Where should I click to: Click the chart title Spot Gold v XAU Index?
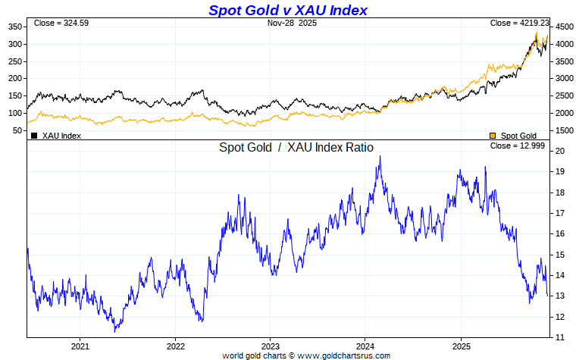[287, 10]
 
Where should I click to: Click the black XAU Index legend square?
[33, 136]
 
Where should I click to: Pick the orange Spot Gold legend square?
[493, 136]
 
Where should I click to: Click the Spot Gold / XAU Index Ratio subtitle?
[296, 148]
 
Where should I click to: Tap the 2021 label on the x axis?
[80, 346]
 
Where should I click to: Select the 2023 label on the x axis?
[271, 346]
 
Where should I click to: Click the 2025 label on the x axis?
[461, 346]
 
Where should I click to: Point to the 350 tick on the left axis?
[15, 27]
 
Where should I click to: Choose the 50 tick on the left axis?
[17, 130]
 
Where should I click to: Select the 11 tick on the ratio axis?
[559, 337]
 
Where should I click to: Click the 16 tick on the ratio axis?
[559, 234]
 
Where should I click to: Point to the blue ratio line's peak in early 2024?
[380, 156]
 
